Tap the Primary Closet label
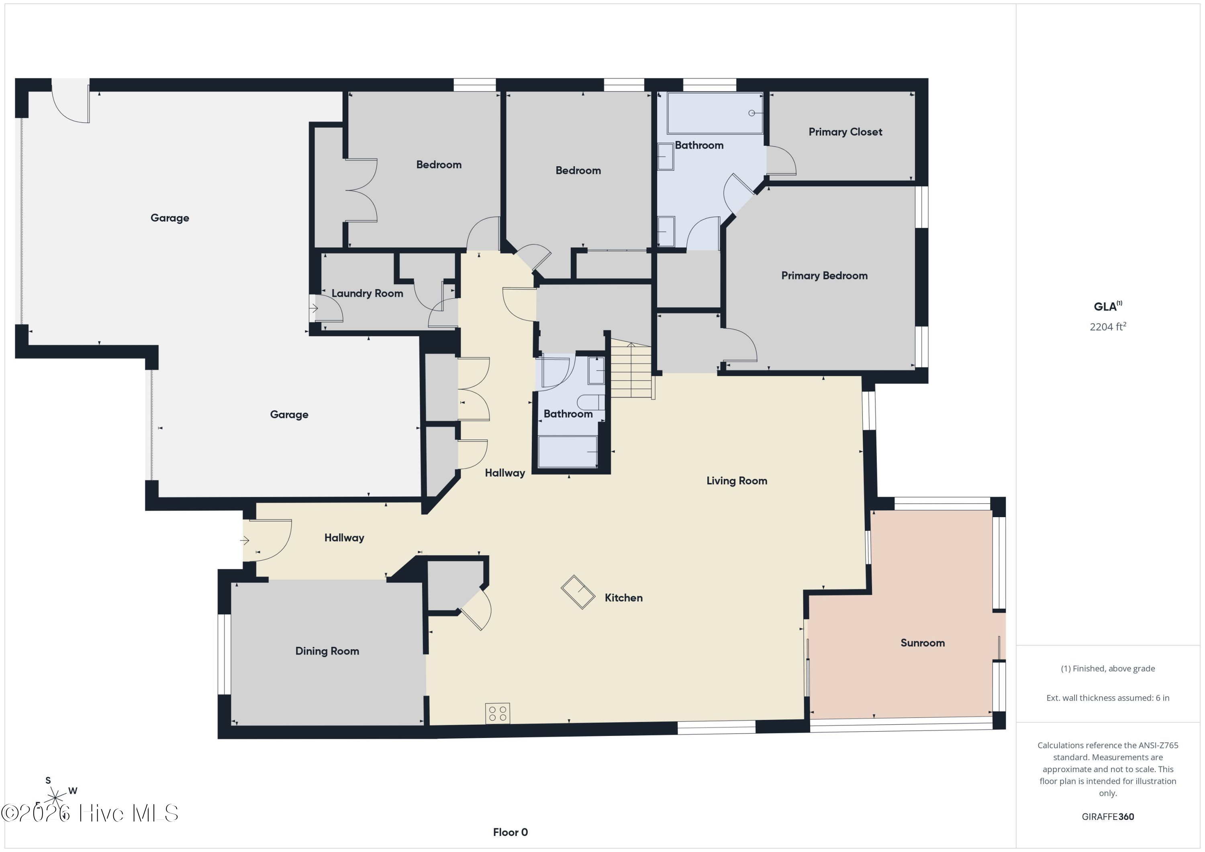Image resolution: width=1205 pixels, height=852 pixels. (x=845, y=132)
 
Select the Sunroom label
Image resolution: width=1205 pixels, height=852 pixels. (x=922, y=643)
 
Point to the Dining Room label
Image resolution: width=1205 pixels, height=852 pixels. (x=327, y=652)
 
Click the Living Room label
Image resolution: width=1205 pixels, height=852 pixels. (x=736, y=481)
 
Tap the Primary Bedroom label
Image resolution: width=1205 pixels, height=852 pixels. (x=824, y=276)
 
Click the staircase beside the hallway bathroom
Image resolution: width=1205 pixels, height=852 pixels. (x=631, y=369)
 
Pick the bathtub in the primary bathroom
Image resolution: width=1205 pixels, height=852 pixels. (x=715, y=113)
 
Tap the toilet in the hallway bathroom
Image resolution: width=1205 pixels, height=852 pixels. (x=590, y=402)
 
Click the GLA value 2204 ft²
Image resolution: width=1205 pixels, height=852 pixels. (x=1107, y=327)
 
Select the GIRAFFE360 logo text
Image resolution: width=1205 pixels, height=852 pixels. (x=1107, y=817)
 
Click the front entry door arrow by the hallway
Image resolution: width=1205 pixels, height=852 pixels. (x=245, y=540)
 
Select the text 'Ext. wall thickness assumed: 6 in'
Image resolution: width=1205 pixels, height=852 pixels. (x=1107, y=698)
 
